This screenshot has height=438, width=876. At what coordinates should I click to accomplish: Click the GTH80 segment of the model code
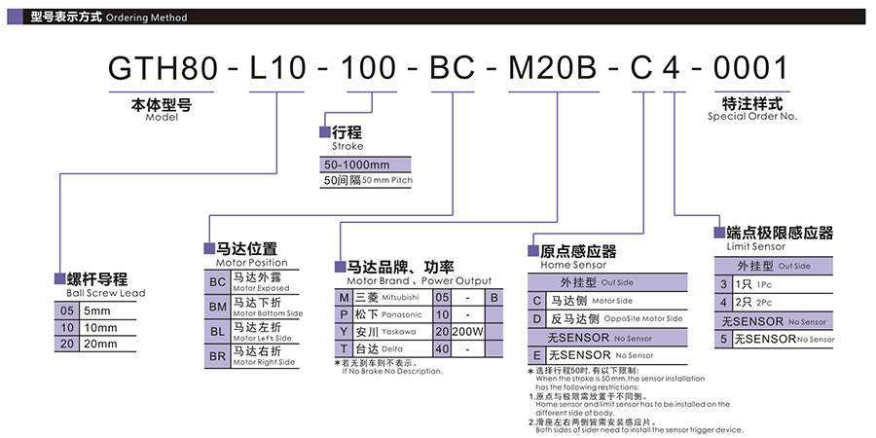point(162,68)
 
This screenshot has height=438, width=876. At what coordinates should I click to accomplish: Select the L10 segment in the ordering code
point(277,68)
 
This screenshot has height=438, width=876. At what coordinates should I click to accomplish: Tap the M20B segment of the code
point(553,68)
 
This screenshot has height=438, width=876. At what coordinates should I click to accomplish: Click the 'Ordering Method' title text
point(146,18)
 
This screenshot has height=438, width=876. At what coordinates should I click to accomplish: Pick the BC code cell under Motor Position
point(217,282)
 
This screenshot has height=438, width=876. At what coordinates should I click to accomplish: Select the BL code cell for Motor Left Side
point(217,331)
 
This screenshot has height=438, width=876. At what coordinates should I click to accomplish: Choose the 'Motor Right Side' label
point(263,362)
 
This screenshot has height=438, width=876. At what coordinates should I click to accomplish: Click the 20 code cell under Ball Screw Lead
point(67,344)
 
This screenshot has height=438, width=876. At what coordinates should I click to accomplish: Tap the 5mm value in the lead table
point(97,310)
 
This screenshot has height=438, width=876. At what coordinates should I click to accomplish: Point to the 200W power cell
point(467,332)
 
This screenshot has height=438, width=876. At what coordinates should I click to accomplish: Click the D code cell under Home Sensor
point(537,318)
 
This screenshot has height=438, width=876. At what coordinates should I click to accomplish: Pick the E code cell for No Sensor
point(537,354)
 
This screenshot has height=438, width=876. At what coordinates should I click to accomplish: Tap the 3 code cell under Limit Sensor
point(723,284)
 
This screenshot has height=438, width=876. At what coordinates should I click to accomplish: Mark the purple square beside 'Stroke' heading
point(324,132)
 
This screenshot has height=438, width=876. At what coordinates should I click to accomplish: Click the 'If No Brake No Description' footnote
point(392,371)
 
